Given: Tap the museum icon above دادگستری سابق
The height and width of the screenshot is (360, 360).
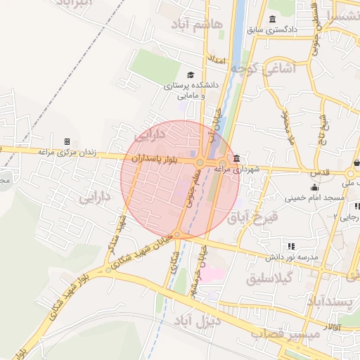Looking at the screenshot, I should [x=272, y=19].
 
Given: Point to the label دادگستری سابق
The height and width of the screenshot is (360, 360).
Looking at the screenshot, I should [x=273, y=30].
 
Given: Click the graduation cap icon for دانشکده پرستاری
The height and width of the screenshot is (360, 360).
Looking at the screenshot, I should [x=191, y=75].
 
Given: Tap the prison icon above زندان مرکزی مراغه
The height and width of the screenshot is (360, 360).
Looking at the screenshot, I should [x=67, y=142].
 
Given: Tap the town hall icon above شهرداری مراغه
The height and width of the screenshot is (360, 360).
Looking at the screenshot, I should [x=236, y=157].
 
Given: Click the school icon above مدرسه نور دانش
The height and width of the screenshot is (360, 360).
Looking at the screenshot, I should [x=290, y=246].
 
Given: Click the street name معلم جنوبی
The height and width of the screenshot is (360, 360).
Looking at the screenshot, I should [x=191, y=191].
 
